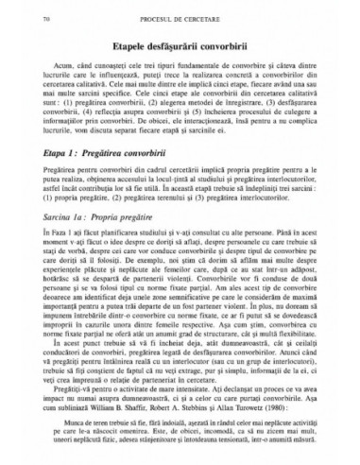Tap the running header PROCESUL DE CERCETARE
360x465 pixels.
[x=180, y=18]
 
